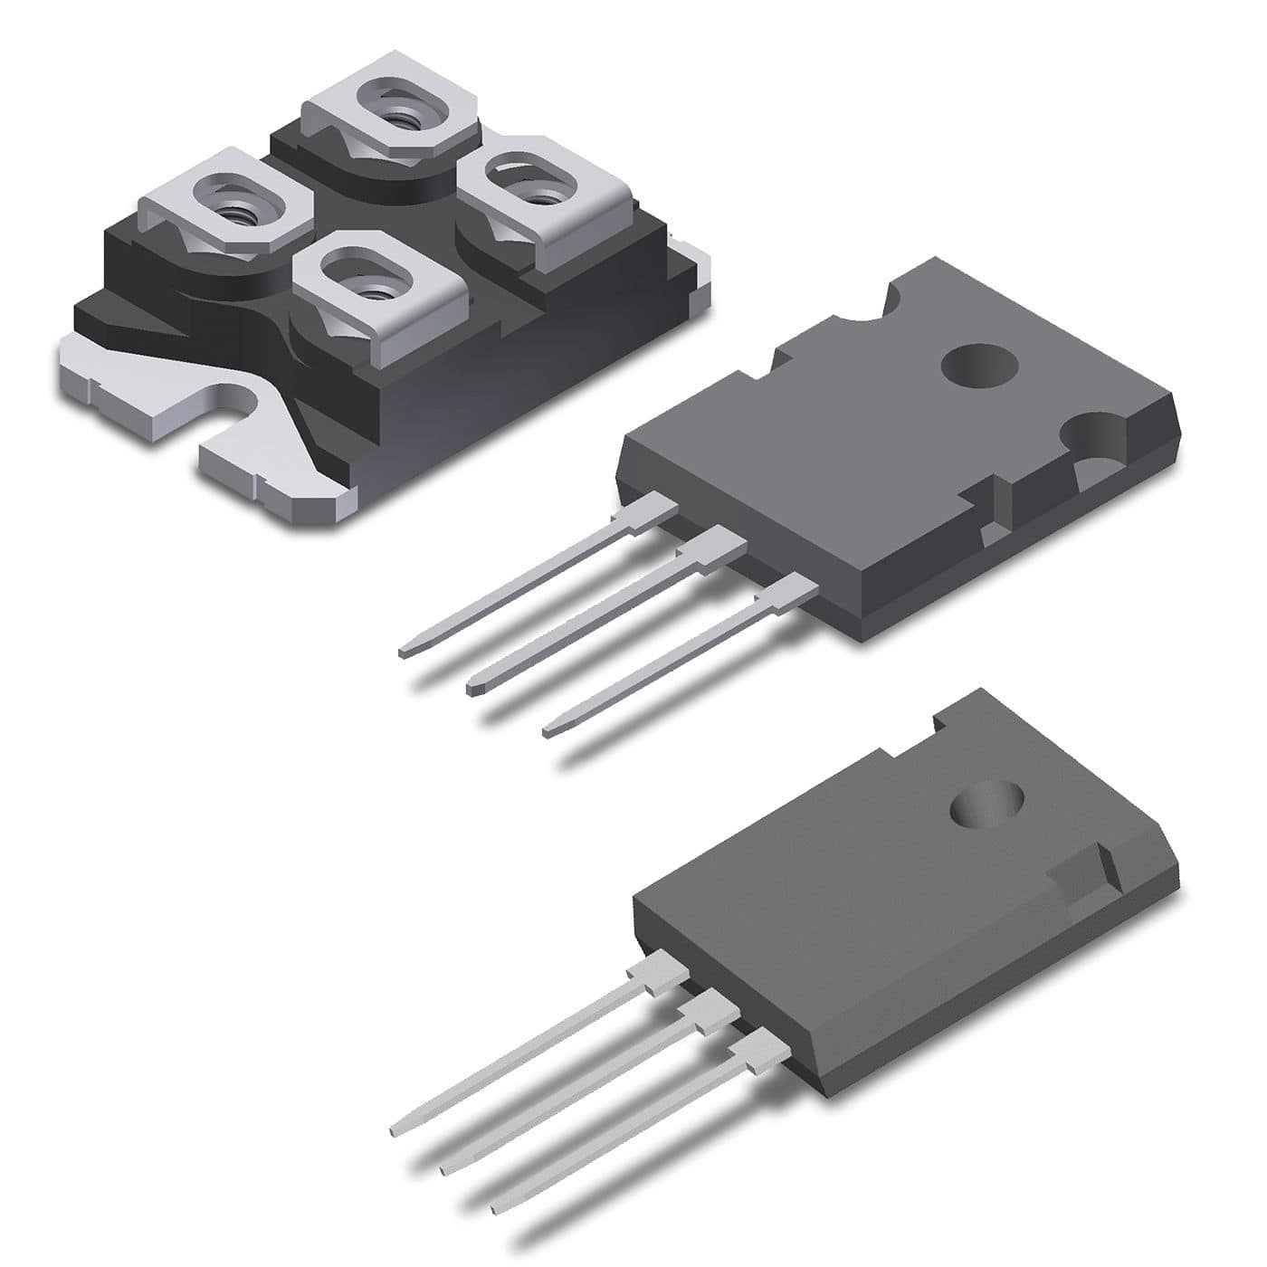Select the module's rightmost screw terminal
point(541,190)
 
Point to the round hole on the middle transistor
point(980,367)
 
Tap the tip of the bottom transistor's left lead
point(395,1130)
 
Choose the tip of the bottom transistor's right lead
point(493,1209)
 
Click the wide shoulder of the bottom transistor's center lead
point(702,1014)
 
